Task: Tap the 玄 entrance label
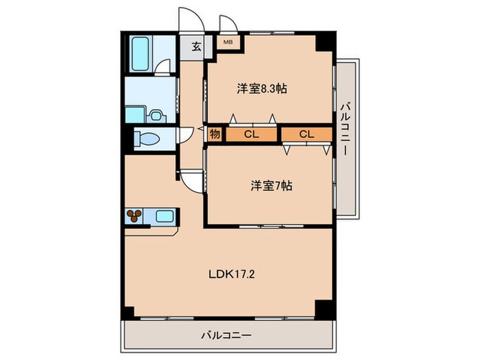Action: pos(196,47)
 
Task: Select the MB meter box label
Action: pos(227,42)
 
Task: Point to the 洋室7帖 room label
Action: pos(271,185)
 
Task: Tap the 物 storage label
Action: pos(214,134)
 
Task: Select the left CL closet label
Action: pos(251,134)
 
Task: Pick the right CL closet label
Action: pos(306,134)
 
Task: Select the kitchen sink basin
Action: pos(165,216)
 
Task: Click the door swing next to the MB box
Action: pos(228,23)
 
